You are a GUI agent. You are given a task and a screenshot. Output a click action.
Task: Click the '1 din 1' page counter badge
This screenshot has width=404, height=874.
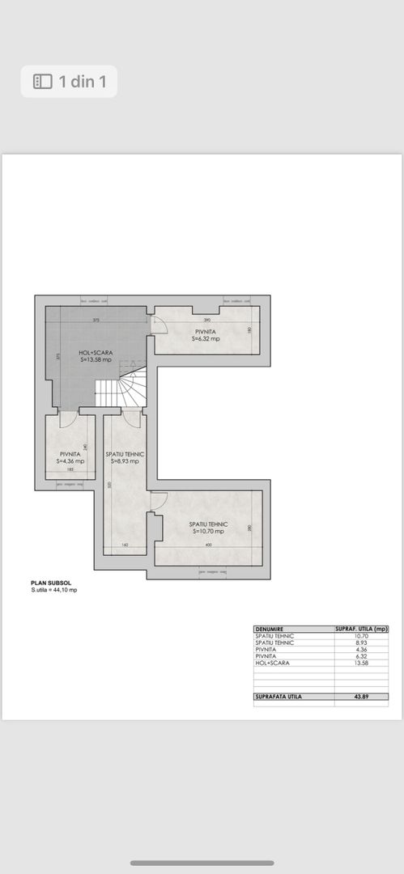[69, 81]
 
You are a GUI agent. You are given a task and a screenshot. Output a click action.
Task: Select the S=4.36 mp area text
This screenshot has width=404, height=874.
[69, 461]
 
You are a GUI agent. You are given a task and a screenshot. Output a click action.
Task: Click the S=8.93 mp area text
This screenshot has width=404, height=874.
[124, 461]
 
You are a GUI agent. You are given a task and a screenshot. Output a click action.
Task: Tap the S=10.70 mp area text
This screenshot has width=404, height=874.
[209, 532]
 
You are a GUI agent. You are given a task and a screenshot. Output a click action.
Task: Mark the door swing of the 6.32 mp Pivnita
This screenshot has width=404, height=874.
[159, 323]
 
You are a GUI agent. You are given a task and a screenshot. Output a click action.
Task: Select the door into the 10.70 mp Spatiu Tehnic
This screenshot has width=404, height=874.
[157, 502]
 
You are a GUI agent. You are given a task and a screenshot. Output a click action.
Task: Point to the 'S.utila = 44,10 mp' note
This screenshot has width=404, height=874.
[54, 590]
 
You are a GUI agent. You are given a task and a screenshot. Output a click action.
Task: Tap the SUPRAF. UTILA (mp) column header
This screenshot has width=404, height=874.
[362, 629]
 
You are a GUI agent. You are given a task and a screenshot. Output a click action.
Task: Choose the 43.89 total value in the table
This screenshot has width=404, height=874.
[362, 696]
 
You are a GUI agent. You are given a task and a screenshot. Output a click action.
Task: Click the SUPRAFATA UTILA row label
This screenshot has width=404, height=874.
[279, 696]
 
